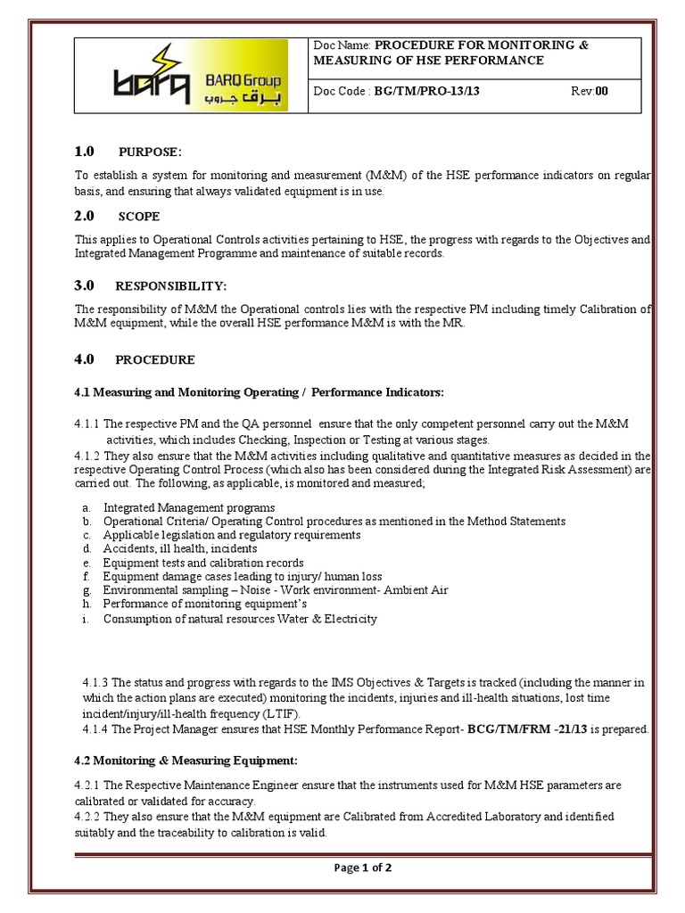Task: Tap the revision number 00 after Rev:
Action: coord(602,91)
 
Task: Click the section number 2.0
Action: coord(83,216)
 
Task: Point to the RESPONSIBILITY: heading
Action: coord(171,286)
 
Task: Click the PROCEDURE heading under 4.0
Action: coord(155,360)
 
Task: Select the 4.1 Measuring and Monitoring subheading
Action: coord(258,392)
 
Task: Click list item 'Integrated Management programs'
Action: coord(189,507)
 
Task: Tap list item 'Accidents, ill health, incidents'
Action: coord(180,548)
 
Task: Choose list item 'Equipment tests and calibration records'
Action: coord(203,563)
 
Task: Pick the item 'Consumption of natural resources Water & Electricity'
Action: coord(240,618)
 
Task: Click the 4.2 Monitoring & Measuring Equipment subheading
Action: coord(185,761)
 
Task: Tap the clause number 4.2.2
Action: coord(87,816)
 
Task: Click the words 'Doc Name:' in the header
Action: coord(342,45)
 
